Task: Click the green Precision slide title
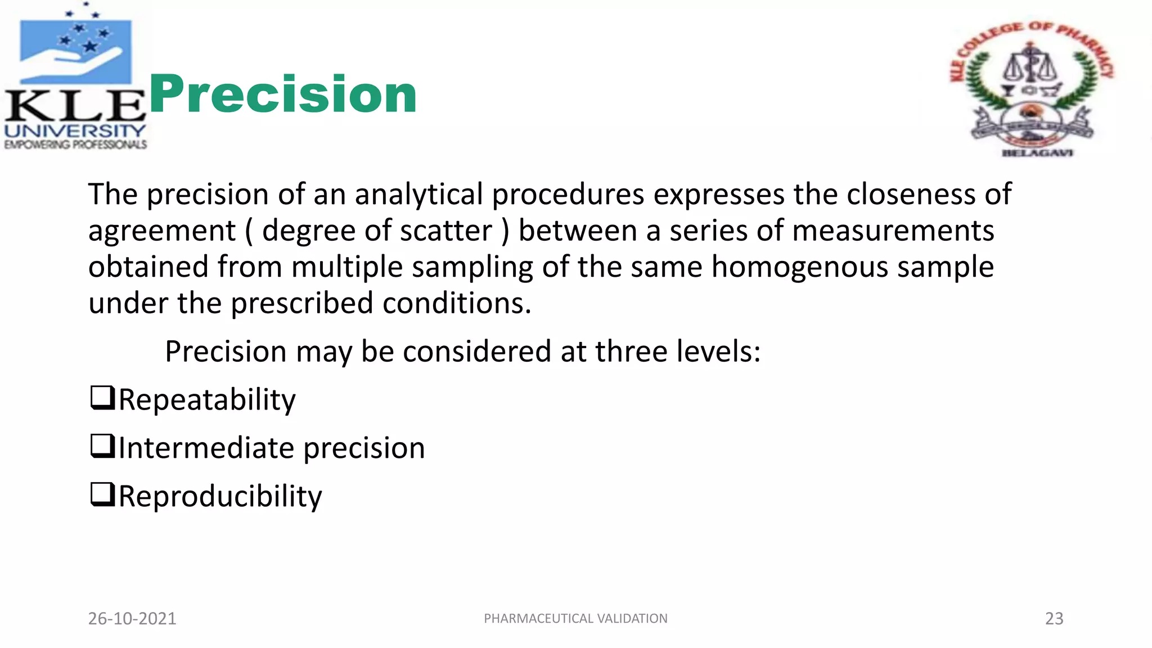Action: coord(282,94)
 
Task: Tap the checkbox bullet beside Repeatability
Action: coord(102,398)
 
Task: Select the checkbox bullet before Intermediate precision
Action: coord(102,447)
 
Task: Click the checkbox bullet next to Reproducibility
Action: coord(102,495)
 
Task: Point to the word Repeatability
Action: coord(207,400)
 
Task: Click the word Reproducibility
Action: coord(220,497)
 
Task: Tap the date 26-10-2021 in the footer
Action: coord(132,618)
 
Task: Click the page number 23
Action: coord(1054,618)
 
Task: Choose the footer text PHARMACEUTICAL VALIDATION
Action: coord(575,618)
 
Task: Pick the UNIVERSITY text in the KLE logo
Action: coord(75,131)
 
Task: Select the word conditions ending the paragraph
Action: coord(456,304)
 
